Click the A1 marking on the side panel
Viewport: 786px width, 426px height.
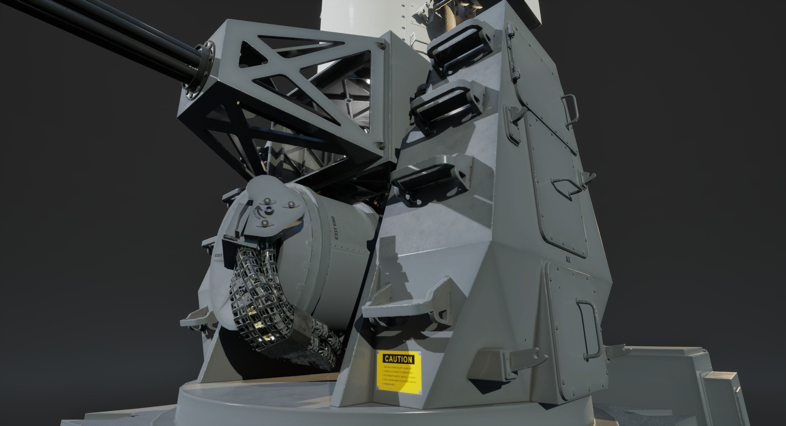coord(568,251)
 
